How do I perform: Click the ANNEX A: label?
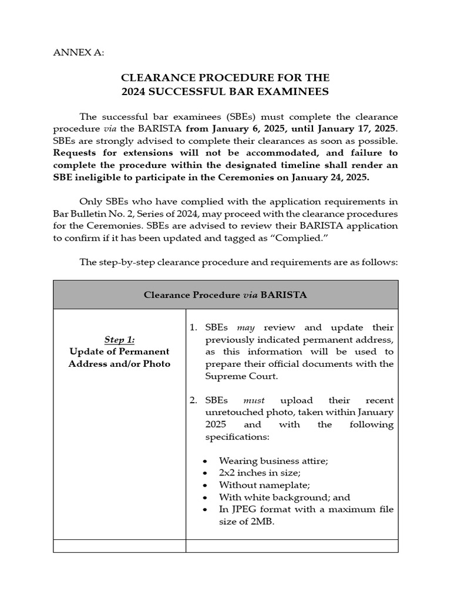click(78, 52)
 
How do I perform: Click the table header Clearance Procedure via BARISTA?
click(225, 295)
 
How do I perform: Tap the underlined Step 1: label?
click(119, 339)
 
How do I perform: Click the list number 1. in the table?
click(193, 327)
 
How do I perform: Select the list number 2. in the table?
click(193, 400)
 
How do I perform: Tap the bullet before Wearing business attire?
click(204, 461)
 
